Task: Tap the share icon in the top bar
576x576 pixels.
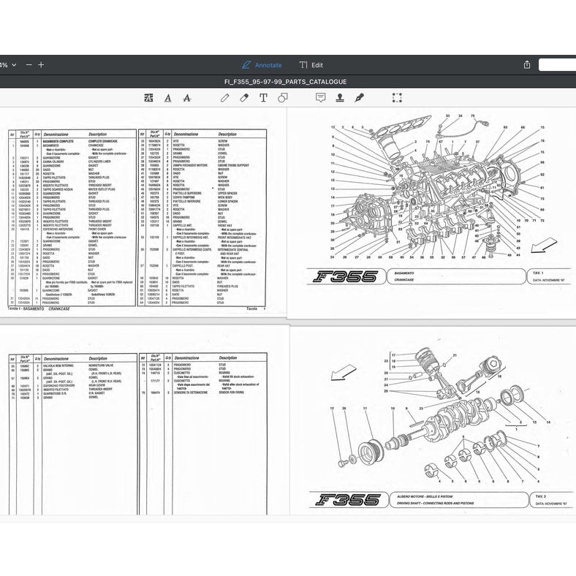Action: pyautogui.click(x=526, y=64)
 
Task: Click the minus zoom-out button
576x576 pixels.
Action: pyautogui.click(x=29, y=64)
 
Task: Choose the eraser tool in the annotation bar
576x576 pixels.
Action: pyautogui.click(x=245, y=97)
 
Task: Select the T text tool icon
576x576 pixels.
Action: pyautogui.click(x=264, y=97)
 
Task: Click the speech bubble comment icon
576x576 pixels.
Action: pyautogui.click(x=320, y=97)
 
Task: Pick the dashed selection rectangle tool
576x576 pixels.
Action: pyautogui.click(x=397, y=97)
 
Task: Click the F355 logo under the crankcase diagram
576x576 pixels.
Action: pyautogui.click(x=346, y=276)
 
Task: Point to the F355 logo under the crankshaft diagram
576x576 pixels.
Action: pyautogui.click(x=348, y=500)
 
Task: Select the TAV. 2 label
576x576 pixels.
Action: pyautogui.click(x=542, y=496)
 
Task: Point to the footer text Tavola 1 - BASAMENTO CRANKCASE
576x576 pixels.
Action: pyautogui.click(x=40, y=309)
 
